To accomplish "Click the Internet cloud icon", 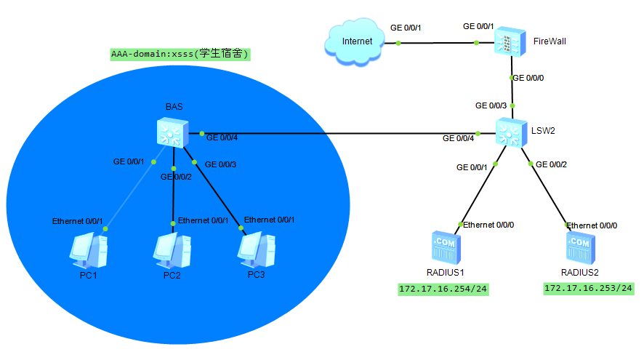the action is point(355,41).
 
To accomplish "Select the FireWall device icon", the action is point(510,41).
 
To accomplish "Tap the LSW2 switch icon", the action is point(511,132).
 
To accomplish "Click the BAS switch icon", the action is point(172,132).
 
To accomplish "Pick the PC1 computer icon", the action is point(89,251).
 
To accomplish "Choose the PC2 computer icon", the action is point(172,251).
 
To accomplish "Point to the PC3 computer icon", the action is point(257,250).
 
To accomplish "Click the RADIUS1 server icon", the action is point(446,247).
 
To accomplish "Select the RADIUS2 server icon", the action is point(581,247).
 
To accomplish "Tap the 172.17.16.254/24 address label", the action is point(443,289).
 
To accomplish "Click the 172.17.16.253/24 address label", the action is point(589,288).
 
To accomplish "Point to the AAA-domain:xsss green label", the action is point(180,55).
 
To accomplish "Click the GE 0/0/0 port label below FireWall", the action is point(528,78).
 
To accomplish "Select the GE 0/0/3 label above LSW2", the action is point(491,105).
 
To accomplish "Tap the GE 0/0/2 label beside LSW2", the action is point(551,164).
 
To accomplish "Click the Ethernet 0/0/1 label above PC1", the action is point(77,221).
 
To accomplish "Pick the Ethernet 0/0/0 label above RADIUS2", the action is point(592,225).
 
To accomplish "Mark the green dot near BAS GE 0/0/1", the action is point(153,162).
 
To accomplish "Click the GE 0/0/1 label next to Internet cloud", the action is point(406,28).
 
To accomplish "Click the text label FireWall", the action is point(550,41).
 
